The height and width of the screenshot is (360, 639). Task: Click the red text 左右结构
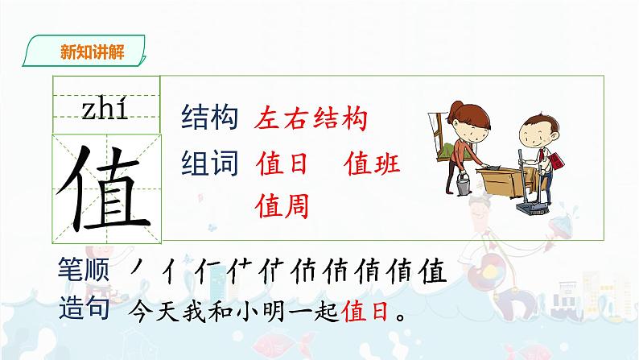click(310, 119)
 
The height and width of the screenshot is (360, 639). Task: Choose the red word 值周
click(282, 206)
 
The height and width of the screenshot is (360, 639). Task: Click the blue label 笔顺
click(87, 271)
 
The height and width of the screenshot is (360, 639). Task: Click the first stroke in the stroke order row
click(142, 271)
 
